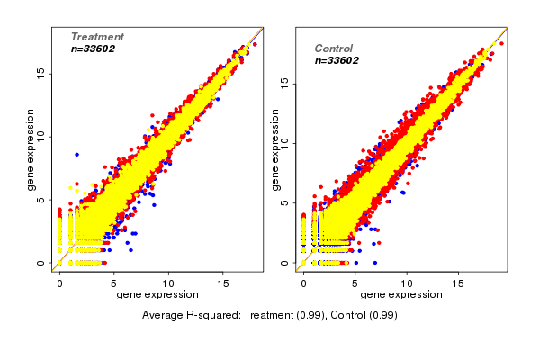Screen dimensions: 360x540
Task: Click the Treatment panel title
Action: click(x=97, y=37)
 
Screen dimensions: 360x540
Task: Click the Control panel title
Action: click(x=333, y=49)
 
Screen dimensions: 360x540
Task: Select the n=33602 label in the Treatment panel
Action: click(x=97, y=49)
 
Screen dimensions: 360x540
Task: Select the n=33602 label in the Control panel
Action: click(x=337, y=61)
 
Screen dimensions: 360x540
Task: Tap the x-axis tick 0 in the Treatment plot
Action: click(x=60, y=283)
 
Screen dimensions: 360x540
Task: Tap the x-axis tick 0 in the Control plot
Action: click(x=303, y=283)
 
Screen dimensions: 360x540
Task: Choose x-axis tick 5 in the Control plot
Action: click(x=355, y=283)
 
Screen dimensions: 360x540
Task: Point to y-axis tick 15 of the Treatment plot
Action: click(x=40, y=75)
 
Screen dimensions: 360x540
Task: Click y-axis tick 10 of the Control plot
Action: click(x=284, y=142)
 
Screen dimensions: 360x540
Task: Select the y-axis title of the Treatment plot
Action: click(x=31, y=148)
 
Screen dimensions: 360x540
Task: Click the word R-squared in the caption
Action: click(x=214, y=315)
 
